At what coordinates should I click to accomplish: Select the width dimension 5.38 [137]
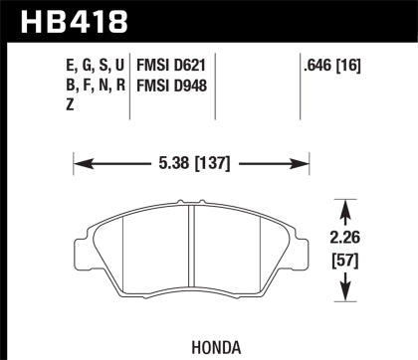(x=190, y=157)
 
